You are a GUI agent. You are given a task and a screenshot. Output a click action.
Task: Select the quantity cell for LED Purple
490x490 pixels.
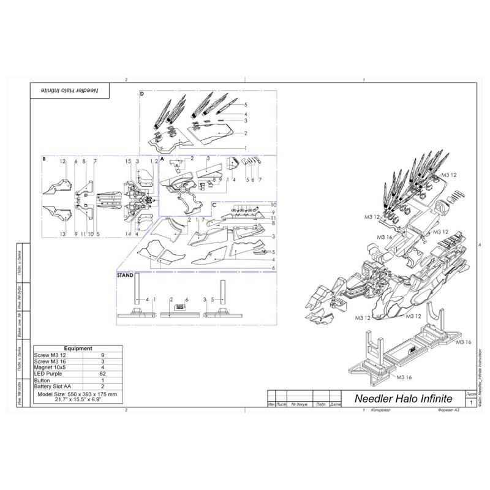(102, 372)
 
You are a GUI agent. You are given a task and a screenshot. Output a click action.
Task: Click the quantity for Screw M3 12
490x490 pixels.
(102, 355)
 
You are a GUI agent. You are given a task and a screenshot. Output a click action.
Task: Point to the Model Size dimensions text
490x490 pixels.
(77, 396)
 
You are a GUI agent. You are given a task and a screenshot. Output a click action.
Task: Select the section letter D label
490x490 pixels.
(142, 94)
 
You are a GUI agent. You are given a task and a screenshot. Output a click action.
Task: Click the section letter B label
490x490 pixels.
(45, 159)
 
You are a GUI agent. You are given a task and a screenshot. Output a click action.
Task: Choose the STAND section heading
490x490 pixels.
(125, 276)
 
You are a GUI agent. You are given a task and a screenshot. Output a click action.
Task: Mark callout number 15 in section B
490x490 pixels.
(128, 161)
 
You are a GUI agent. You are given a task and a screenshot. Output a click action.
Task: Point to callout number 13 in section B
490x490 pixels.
(62, 234)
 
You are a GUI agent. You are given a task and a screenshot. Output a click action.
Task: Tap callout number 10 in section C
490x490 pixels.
(274, 205)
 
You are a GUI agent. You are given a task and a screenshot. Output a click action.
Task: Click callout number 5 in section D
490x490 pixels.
(245, 105)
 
